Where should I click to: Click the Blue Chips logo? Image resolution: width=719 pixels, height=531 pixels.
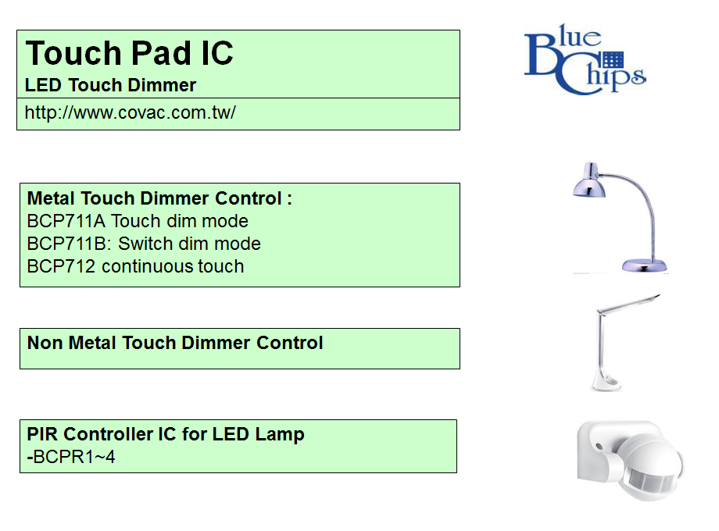point(585,59)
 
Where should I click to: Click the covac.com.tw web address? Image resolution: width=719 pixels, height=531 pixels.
point(131,112)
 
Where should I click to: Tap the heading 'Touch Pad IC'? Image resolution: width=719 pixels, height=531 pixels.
point(129,52)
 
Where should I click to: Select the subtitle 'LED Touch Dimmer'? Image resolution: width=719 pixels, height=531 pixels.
point(110,85)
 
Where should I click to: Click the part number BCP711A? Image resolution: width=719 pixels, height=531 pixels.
point(66,221)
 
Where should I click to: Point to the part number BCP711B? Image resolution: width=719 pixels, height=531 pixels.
point(68,244)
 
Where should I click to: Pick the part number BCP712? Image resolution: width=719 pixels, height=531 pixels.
point(61,266)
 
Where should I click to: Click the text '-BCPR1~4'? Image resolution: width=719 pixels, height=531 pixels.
point(71,457)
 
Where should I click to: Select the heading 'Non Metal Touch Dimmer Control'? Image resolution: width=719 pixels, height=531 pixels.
point(175,343)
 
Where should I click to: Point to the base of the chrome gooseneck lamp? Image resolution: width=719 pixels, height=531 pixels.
point(644,265)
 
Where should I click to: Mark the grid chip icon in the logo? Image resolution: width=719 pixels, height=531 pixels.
point(613,60)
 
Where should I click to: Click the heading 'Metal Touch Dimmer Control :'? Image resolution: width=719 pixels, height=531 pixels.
point(159,198)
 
